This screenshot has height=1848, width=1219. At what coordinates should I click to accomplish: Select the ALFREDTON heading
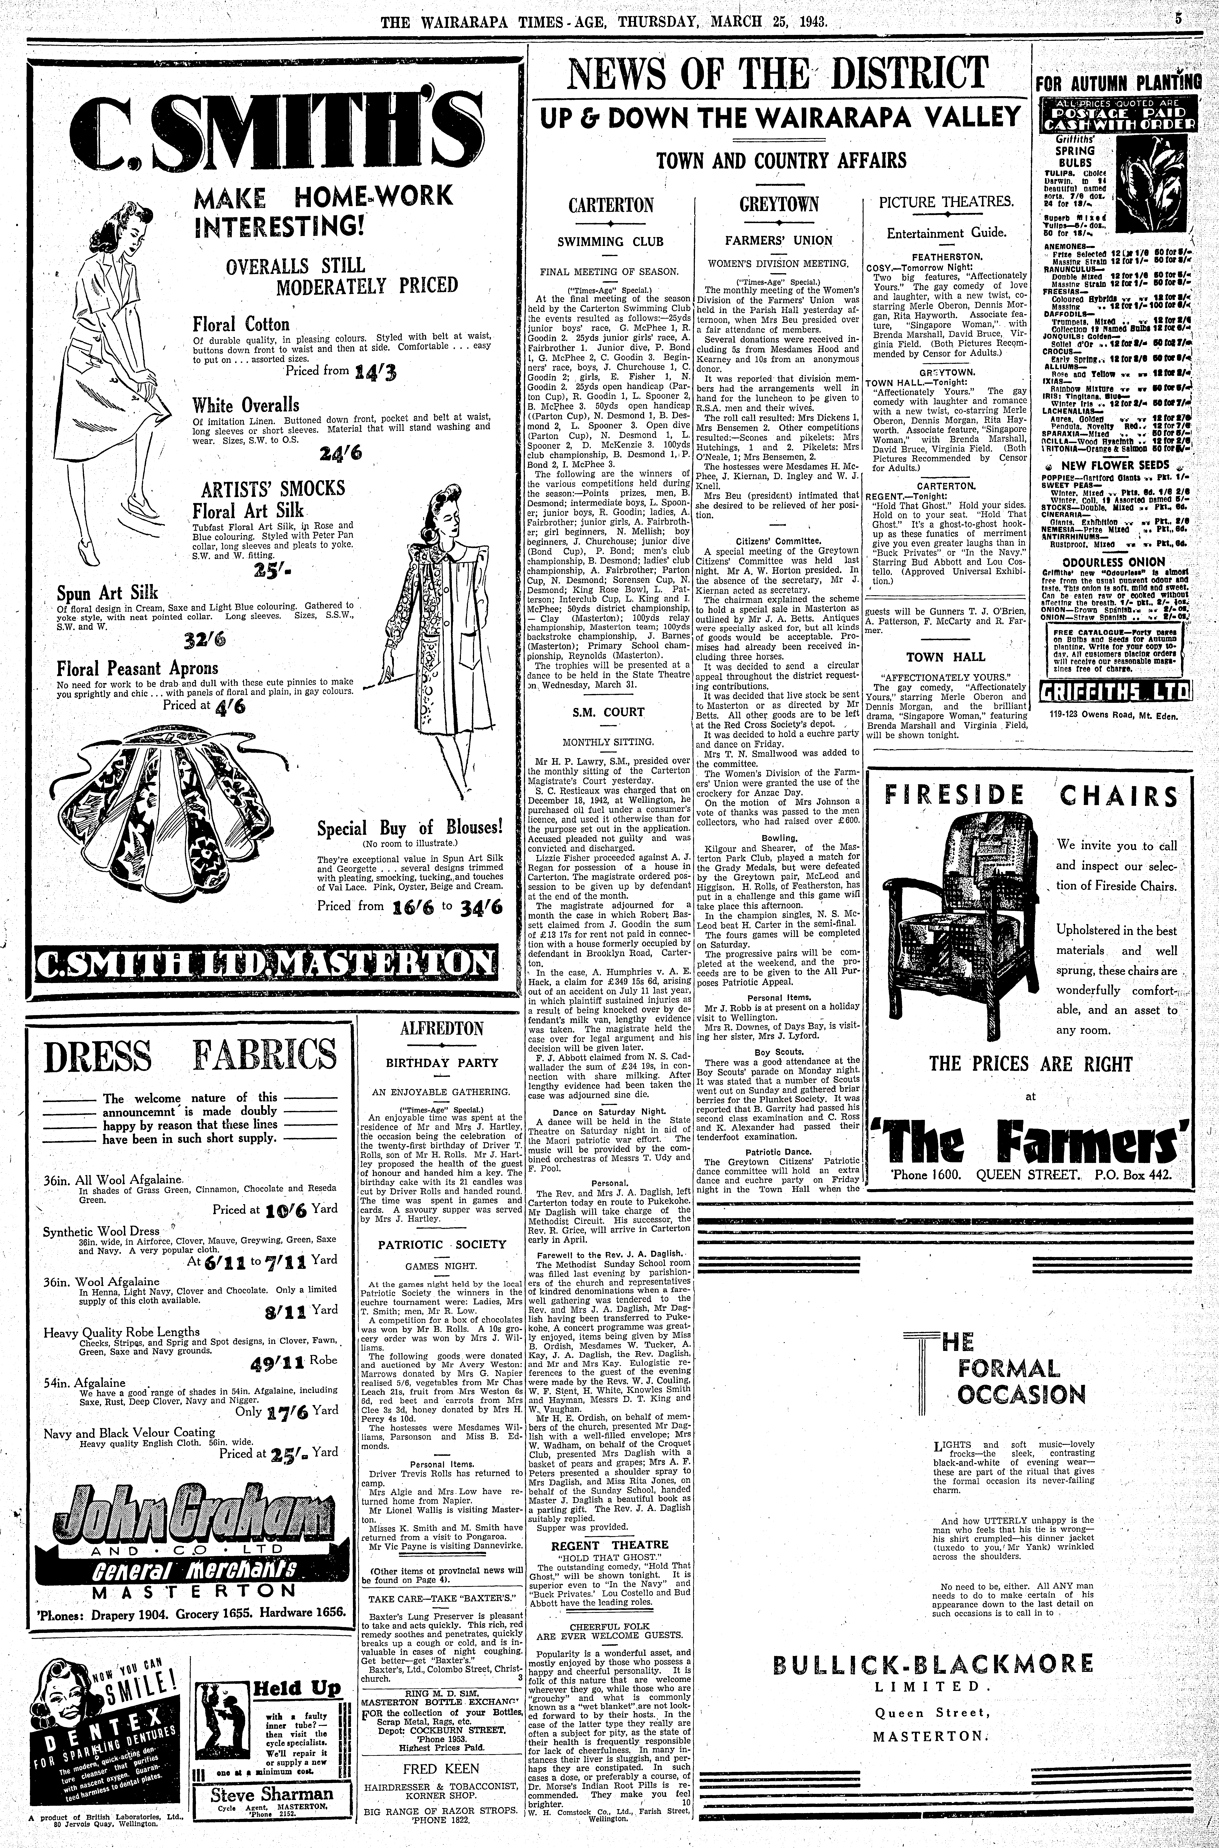tap(441, 1029)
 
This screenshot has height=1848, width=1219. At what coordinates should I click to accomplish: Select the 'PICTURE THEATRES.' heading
tap(945, 202)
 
